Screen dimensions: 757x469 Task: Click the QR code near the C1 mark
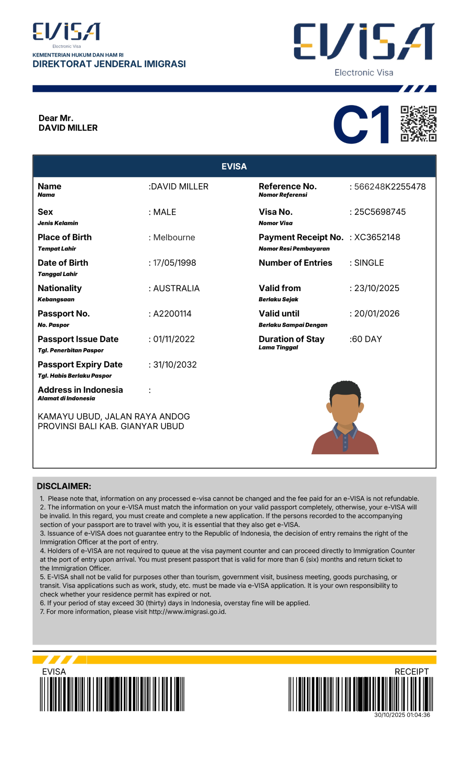pyautogui.click(x=418, y=124)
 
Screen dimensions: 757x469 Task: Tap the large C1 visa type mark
pyautogui.click(x=362, y=125)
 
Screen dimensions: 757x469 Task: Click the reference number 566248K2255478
pyautogui.click(x=390, y=187)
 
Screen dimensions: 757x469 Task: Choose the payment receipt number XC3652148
pyautogui.click(x=377, y=237)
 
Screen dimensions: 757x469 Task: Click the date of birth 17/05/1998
pyautogui.click(x=174, y=263)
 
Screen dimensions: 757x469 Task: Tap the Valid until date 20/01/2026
pyautogui.click(x=377, y=314)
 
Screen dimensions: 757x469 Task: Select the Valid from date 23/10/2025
pyautogui.click(x=377, y=288)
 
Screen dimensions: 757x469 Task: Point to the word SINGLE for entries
pyautogui.click(x=369, y=263)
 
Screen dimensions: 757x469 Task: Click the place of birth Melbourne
pyautogui.click(x=174, y=237)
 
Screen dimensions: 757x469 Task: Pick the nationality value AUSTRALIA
pyautogui.click(x=176, y=288)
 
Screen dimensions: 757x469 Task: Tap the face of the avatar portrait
pyautogui.click(x=345, y=407)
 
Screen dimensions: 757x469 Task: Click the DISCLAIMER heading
pyautogui.click(x=64, y=486)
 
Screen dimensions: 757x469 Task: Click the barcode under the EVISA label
pyautogui.click(x=112, y=694)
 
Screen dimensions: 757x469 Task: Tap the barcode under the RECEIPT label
pyautogui.click(x=361, y=694)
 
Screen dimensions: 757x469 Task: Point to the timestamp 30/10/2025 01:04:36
pyautogui.click(x=402, y=715)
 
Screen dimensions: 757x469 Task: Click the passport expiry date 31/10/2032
pyautogui.click(x=175, y=364)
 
